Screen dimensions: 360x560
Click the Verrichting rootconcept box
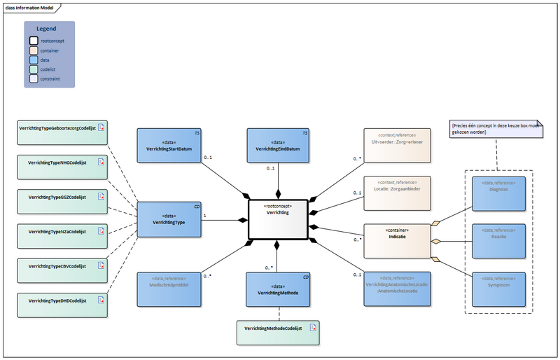pyautogui.click(x=278, y=219)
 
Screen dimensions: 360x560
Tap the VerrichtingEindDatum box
pyautogui.click(x=278, y=145)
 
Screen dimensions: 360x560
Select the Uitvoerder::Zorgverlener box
pyautogui.click(x=395, y=145)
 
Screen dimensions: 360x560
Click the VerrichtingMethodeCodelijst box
pyautogui.click(x=277, y=333)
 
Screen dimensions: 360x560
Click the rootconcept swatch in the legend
pyautogui.click(x=33, y=41)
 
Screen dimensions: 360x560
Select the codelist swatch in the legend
pyautogui.click(x=33, y=69)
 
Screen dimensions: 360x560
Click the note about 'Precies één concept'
pyautogui.click(x=496, y=128)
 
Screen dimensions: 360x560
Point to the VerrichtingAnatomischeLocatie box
pyautogui.click(x=395, y=287)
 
